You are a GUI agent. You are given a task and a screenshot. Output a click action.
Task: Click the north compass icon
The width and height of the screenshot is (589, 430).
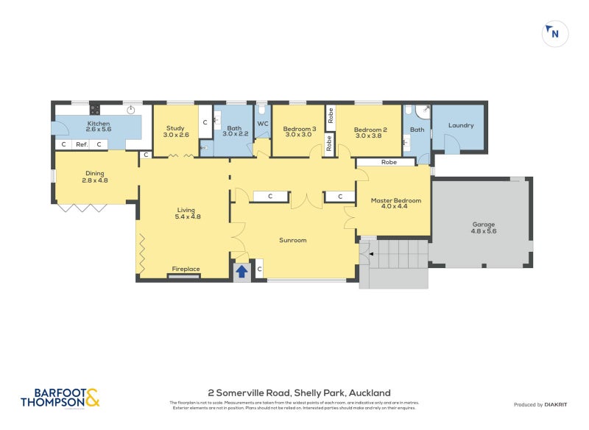(x=555, y=34)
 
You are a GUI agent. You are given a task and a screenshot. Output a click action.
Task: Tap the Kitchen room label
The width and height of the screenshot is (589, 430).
(x=99, y=124)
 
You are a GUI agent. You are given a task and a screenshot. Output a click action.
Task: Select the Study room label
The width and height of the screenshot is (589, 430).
(x=175, y=128)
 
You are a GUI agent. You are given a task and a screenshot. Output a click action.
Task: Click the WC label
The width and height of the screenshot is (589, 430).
(x=263, y=124)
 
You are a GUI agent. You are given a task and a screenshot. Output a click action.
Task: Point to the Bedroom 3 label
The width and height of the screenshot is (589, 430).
(x=300, y=130)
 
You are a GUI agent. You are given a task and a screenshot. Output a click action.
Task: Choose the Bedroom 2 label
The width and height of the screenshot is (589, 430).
(x=370, y=130)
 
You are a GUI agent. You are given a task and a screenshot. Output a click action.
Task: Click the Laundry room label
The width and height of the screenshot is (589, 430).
(x=461, y=125)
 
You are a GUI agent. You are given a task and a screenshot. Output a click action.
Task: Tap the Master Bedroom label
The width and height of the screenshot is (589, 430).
(x=395, y=200)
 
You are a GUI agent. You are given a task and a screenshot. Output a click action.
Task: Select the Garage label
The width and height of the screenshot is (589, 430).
(x=483, y=224)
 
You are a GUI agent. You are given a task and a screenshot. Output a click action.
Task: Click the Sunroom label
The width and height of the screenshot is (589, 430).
(x=292, y=240)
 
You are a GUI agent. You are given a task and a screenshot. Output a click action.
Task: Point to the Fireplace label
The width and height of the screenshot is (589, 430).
(x=186, y=269)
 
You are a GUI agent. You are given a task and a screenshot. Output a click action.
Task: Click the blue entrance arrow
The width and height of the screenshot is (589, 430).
(x=241, y=271)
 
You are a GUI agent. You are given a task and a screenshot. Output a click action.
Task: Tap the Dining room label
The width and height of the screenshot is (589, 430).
(x=94, y=173)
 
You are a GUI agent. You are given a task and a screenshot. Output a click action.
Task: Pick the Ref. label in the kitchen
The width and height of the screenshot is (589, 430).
(x=82, y=144)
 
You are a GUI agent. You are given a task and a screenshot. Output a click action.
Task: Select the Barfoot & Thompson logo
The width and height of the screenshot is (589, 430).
(x=60, y=398)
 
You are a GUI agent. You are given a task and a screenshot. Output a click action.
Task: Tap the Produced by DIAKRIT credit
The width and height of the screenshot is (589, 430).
(x=543, y=404)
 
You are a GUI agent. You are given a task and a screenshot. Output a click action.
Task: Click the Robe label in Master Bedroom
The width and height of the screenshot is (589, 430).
(x=388, y=162)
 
